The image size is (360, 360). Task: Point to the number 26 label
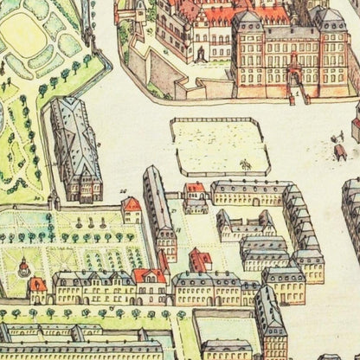tap(125, 191)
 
